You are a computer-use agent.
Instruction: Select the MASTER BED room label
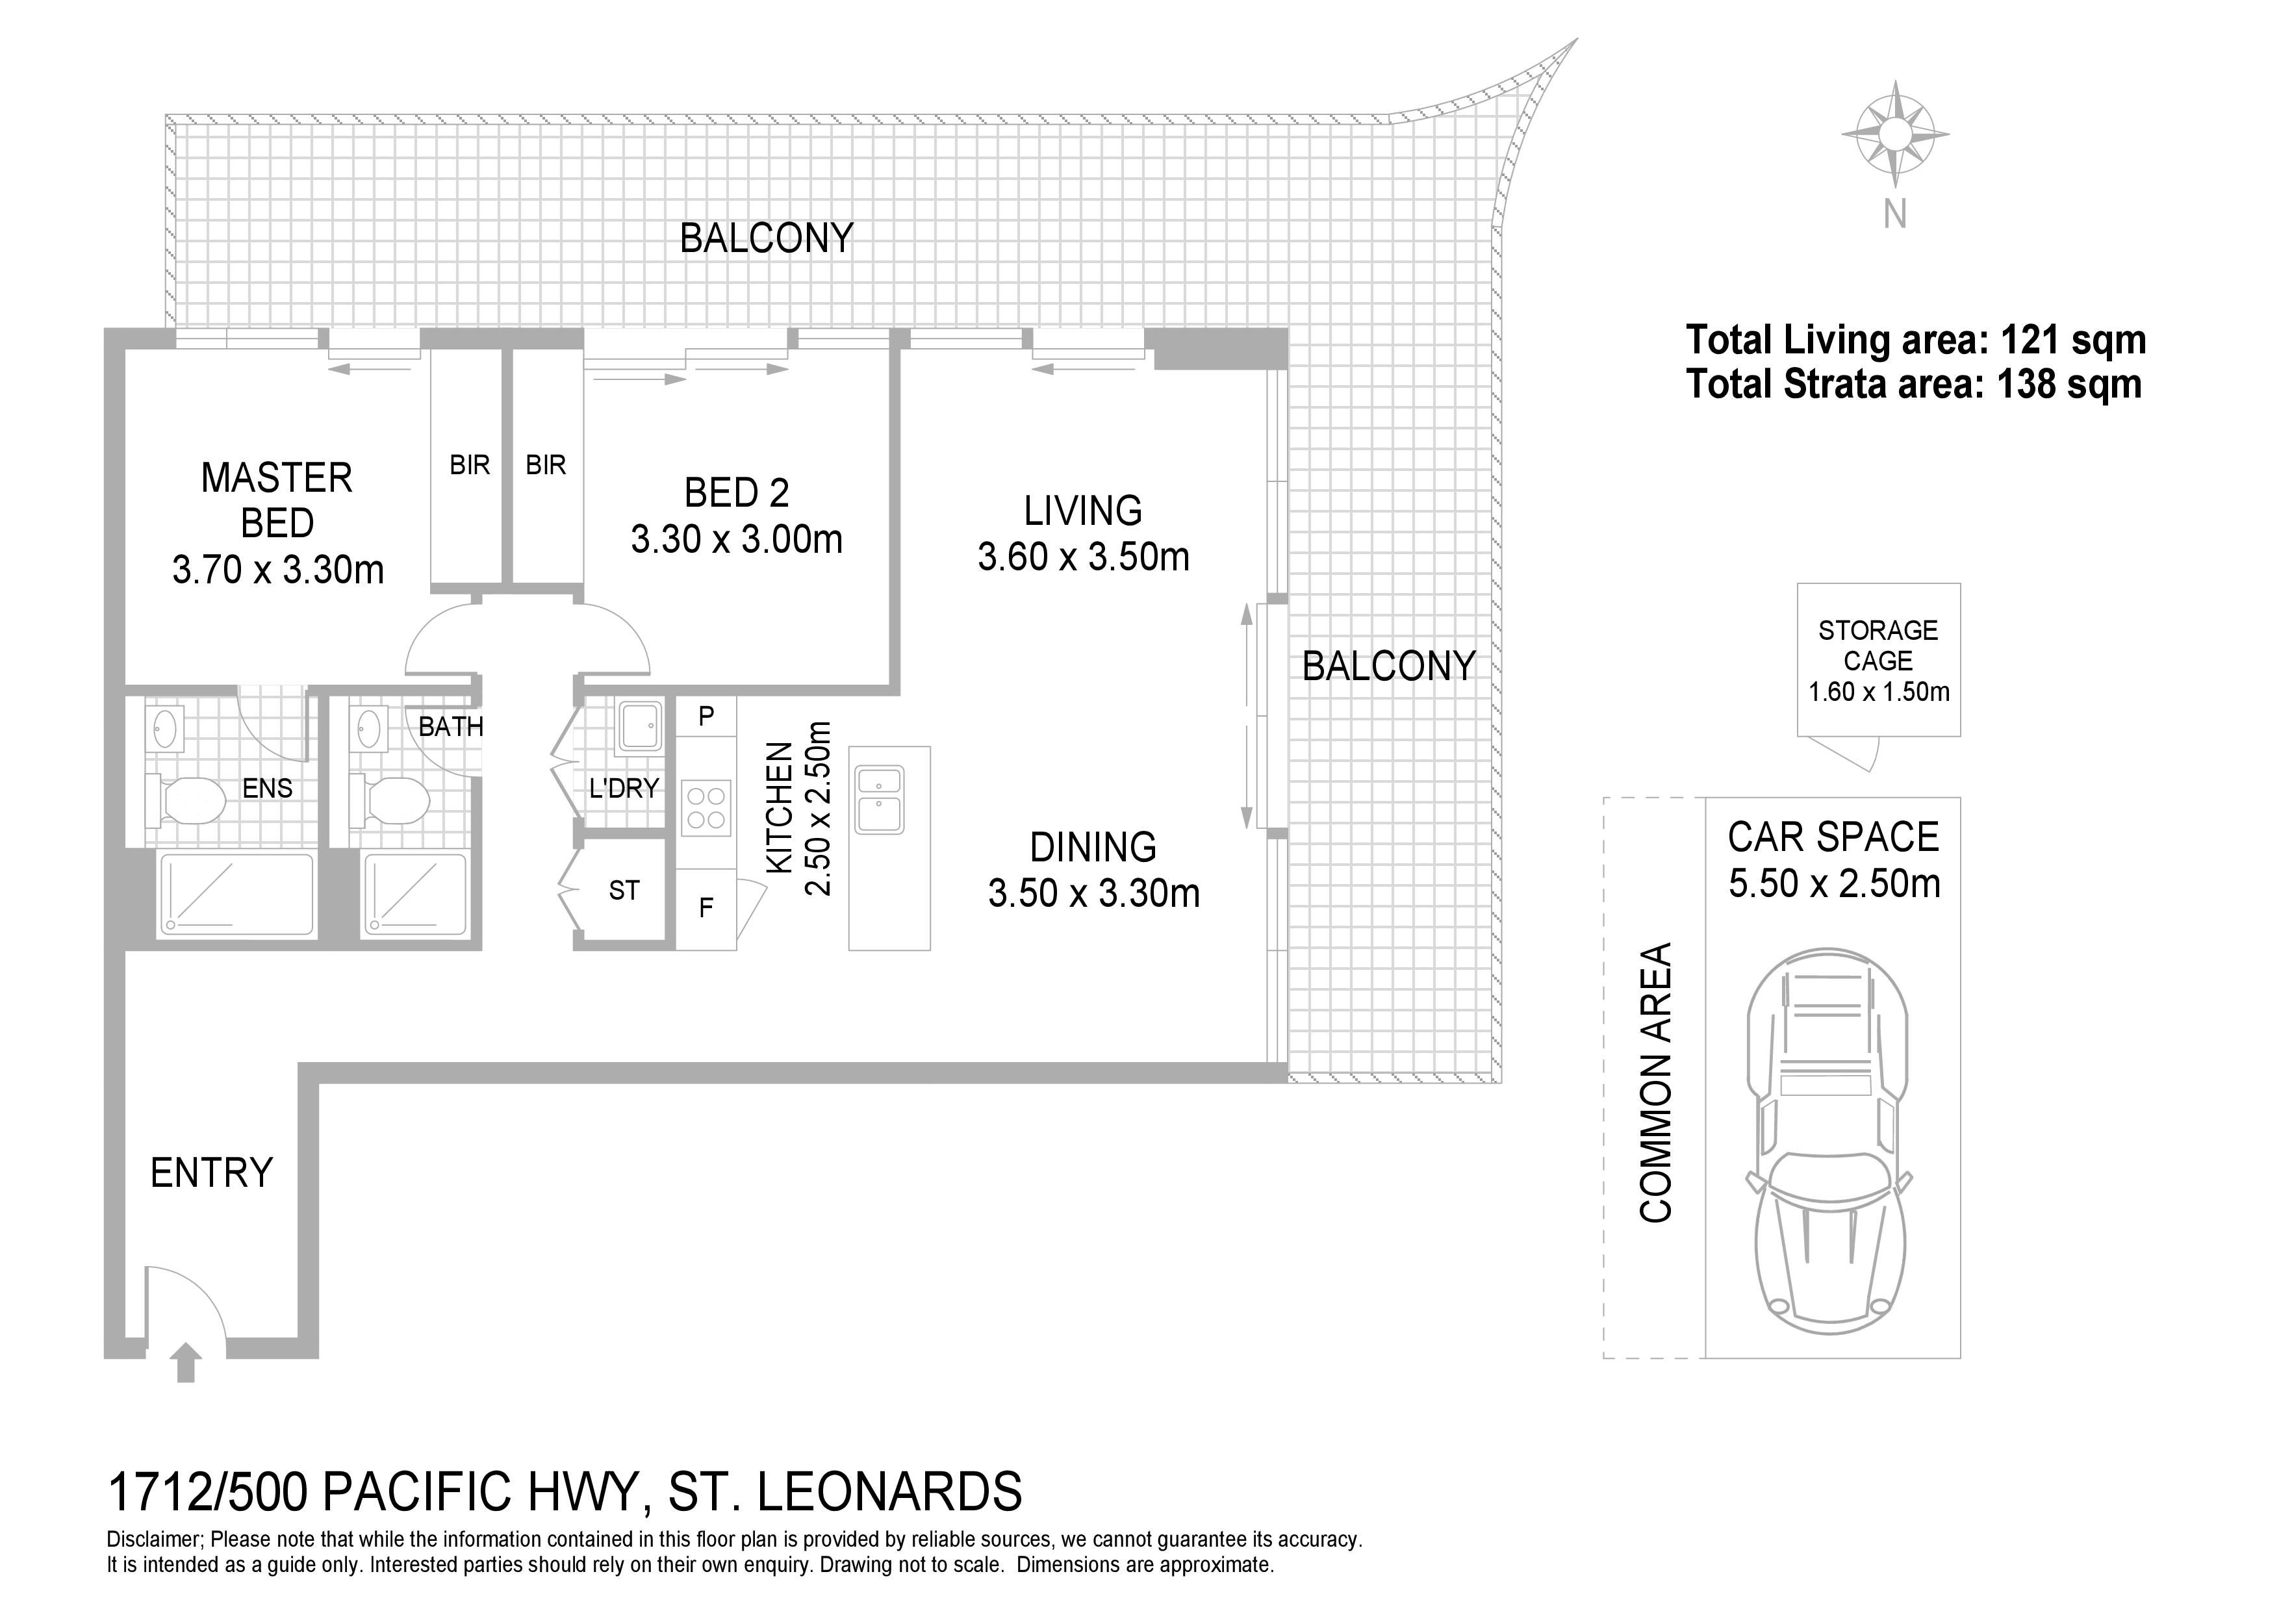tap(277, 500)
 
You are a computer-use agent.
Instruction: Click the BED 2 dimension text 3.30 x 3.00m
tap(737, 540)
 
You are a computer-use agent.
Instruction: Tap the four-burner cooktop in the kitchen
tap(706, 807)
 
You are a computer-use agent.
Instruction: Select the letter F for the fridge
tap(706, 908)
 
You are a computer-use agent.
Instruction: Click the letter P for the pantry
tap(706, 716)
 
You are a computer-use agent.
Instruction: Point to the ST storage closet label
tap(624, 891)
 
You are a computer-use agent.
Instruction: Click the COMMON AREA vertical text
tap(1655, 1082)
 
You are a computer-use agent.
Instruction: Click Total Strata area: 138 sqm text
tap(1914, 384)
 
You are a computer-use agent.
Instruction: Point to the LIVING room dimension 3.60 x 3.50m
tap(1083, 557)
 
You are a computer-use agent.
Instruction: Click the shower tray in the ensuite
tap(237, 893)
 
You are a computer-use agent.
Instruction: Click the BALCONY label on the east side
tap(1388, 666)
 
